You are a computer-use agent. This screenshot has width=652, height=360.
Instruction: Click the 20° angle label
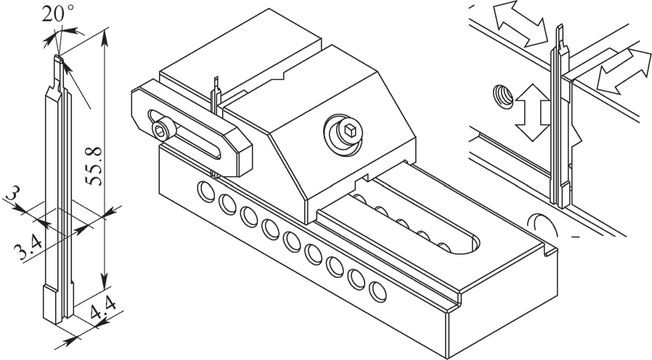(58, 14)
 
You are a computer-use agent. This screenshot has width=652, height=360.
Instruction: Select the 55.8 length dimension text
(93, 165)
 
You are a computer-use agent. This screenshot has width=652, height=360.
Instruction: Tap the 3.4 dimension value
(28, 247)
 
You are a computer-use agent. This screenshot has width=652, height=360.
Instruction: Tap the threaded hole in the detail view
(502, 97)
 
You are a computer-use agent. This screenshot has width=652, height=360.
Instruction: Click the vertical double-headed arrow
(531, 112)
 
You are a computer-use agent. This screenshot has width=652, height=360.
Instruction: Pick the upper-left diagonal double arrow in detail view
(521, 23)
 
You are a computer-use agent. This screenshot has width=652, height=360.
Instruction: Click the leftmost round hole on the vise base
(205, 191)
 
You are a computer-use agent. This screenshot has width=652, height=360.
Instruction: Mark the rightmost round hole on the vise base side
(377, 292)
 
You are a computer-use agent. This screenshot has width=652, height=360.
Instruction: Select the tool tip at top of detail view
(561, 36)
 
